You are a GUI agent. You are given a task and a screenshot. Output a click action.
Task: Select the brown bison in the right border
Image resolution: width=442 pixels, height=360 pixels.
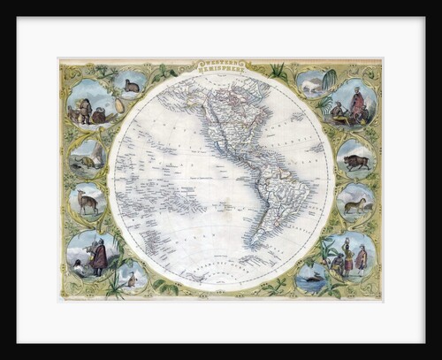pyautogui.click(x=356, y=162)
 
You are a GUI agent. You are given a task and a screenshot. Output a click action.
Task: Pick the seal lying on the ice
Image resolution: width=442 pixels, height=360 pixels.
pyautogui.click(x=88, y=162)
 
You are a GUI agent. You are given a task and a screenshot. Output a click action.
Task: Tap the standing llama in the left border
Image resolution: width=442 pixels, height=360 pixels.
pyautogui.click(x=87, y=203)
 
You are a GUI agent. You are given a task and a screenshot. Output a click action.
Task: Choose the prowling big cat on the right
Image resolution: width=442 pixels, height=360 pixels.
pyautogui.click(x=355, y=205)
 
